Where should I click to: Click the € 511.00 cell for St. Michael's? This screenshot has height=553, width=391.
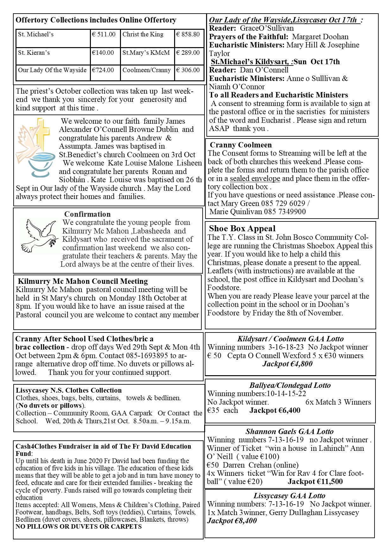pyautogui.click(x=104, y=34)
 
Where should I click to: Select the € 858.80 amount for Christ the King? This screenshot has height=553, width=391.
pyautogui.click(x=188, y=34)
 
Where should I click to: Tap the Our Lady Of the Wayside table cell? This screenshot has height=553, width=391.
pyautogui.click(x=52, y=70)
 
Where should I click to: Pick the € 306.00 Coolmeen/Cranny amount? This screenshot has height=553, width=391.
pyautogui.click(x=188, y=70)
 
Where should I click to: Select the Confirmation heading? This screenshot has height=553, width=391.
pyautogui.click(x=87, y=214)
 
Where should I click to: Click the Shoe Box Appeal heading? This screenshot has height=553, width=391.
pyautogui.click(x=242, y=228)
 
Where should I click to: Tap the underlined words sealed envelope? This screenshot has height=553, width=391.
pyautogui.click(x=255, y=178)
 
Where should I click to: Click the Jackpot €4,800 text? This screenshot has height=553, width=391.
pyautogui.click(x=287, y=364)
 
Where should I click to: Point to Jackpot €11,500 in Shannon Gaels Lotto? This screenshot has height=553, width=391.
pyautogui.click(x=315, y=482)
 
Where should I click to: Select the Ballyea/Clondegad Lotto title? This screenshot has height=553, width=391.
pyautogui.click(x=290, y=385)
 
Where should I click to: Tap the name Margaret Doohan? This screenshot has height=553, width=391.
pyautogui.click(x=320, y=37)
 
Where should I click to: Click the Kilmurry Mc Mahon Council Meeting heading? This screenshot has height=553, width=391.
pyautogui.click(x=83, y=281)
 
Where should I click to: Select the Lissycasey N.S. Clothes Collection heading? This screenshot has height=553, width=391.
pyautogui.click(x=69, y=390)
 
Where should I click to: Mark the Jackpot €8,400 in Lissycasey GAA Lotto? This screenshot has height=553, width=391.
pyautogui.click(x=232, y=521)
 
